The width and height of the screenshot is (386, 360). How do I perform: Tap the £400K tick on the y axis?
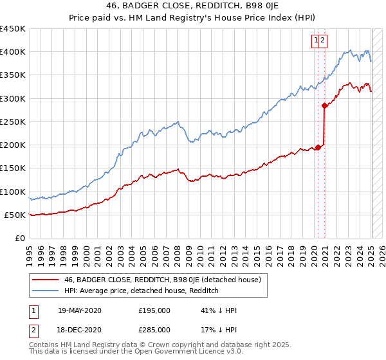click(12, 52)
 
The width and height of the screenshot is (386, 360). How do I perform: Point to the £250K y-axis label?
click(12, 122)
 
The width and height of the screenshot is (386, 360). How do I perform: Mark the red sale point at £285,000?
click(325, 106)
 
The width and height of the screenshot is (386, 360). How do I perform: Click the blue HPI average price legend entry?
click(142, 291)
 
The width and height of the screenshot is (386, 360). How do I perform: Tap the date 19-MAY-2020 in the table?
click(80, 310)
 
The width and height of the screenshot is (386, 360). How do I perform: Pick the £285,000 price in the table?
click(154, 330)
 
